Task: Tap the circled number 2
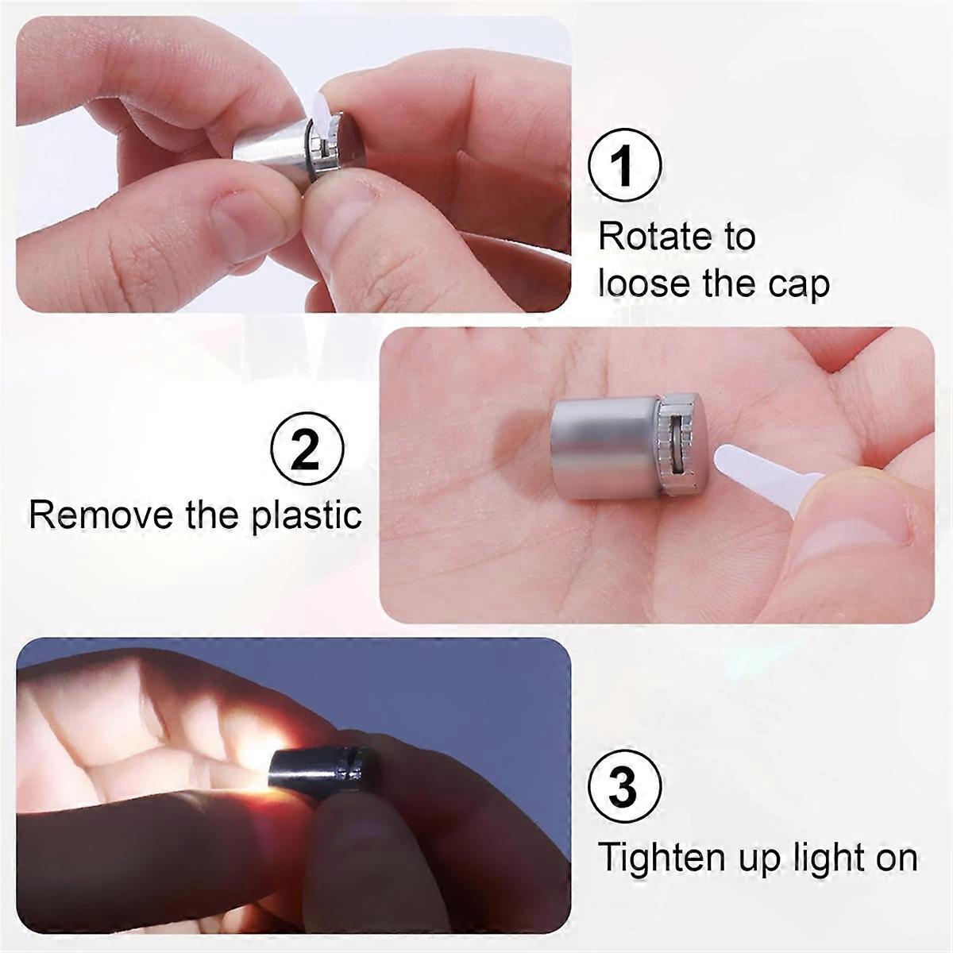pyautogui.click(x=307, y=449)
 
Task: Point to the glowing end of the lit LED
pyautogui.click(x=275, y=780)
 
